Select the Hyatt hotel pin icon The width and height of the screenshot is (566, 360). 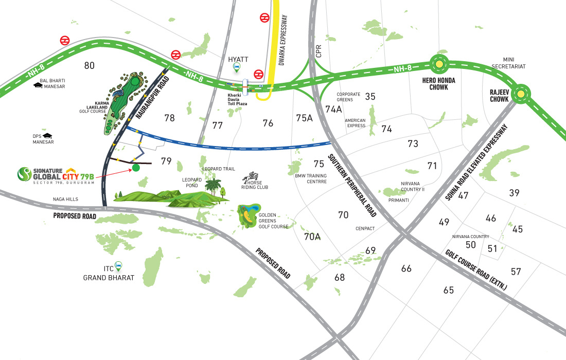tap(236, 67)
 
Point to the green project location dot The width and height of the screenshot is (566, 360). tap(135, 168)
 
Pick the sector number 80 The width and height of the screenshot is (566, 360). tap(89, 65)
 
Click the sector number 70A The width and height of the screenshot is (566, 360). tap(312, 237)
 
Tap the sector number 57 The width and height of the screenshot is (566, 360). tap(516, 271)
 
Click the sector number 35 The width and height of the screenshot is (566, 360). tap(370, 96)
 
